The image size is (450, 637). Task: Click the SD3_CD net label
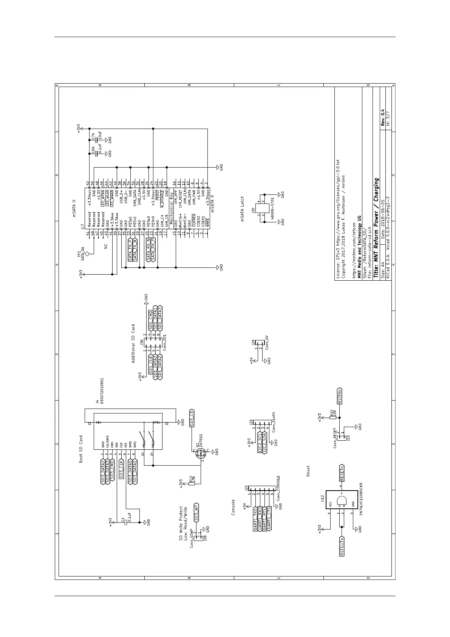click(x=192, y=418)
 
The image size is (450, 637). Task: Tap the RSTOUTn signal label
click(x=342, y=546)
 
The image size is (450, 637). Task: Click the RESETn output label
click(x=342, y=472)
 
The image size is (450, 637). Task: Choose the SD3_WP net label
click(x=196, y=513)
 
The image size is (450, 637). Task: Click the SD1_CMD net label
click(x=150, y=320)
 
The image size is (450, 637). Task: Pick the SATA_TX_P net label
click(x=130, y=250)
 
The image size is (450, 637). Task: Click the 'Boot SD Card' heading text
click(x=80, y=449)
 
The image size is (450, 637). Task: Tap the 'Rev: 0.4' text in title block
click(x=382, y=118)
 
